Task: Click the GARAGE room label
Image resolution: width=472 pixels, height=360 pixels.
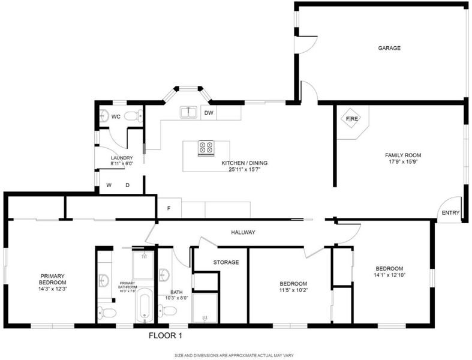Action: pos(389,48)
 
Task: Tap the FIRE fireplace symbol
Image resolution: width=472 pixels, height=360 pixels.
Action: pos(351,118)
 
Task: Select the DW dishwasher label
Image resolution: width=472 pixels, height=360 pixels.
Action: pos(209,113)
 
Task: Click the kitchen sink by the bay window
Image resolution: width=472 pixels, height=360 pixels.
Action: pos(189,112)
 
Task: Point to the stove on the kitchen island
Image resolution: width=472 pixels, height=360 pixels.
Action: pos(206,148)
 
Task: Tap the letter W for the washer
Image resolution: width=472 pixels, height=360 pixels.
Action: pos(109,185)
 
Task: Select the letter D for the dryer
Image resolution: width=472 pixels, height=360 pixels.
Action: pos(127,185)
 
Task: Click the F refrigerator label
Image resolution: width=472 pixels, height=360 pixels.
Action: pos(169,208)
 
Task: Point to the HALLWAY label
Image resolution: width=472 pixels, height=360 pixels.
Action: pos(243,232)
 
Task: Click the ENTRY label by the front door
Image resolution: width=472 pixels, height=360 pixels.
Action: pos(450,212)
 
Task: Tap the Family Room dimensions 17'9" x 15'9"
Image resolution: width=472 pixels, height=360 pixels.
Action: pos(403,161)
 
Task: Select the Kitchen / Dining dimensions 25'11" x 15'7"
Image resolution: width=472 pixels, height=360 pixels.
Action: pos(244,169)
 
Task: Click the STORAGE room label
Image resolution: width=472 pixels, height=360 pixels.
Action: pos(226,262)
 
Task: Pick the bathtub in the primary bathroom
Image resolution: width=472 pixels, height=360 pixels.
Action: pos(145,305)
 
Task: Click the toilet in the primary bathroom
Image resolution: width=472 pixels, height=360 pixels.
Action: pos(107,313)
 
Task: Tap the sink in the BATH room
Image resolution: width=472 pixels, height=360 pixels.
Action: pos(164,275)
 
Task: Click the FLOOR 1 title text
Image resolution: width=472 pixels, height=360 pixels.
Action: pos(166,335)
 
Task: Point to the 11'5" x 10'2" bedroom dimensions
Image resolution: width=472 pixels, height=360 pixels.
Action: pos(293,290)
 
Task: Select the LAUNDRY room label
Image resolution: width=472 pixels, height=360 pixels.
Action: pos(122,158)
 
